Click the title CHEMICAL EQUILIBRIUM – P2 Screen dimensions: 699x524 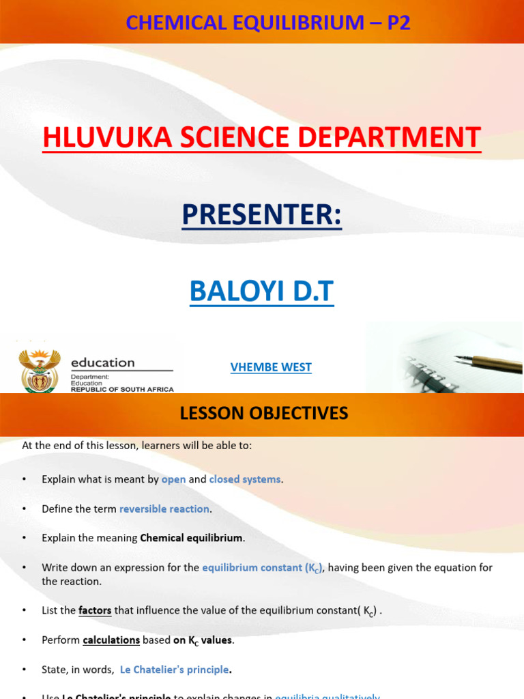coord(267,23)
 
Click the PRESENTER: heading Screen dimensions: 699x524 coord(262,214)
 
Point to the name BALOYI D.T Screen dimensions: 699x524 coord(262,291)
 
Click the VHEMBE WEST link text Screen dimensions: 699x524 coord(271,367)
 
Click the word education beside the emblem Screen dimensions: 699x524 coord(103,362)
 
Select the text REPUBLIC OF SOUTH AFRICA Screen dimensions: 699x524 coord(123,389)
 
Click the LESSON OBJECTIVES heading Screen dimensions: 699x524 coord(263,413)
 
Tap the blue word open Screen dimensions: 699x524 coord(173,479)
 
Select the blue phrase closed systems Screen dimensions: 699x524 coord(245,479)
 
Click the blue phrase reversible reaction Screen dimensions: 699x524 coord(165,509)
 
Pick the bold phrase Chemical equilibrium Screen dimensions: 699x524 coord(191,538)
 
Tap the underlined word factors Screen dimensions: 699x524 coord(95,610)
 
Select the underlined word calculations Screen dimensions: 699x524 coord(111,640)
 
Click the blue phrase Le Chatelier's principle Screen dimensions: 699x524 coord(174,670)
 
